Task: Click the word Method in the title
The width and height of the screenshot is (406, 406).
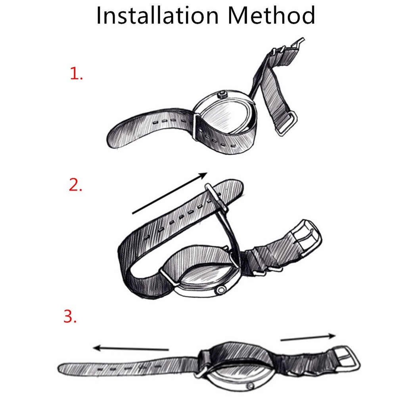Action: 271,15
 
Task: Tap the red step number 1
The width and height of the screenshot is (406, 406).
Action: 77,73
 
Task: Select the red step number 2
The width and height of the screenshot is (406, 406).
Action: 75,185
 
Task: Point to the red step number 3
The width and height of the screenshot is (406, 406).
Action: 70,316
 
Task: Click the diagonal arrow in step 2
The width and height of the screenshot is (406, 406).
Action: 170,193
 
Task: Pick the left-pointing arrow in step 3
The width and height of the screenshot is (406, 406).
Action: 131,348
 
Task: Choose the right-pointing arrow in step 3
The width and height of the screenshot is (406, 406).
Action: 308,337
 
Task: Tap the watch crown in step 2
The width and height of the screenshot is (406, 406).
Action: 220,290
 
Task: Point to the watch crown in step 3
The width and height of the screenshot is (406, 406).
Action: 251,386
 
